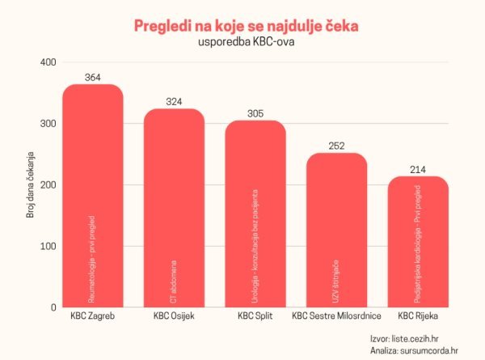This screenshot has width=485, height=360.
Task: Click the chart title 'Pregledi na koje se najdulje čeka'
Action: (x=246, y=26)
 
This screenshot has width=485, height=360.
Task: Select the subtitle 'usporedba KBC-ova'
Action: (x=246, y=43)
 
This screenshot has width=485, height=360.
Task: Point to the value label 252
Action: (x=336, y=146)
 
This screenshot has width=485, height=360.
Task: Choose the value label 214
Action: (x=418, y=170)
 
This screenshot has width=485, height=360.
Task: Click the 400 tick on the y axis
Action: (x=48, y=62)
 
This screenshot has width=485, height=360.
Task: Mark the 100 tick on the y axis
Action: (x=48, y=246)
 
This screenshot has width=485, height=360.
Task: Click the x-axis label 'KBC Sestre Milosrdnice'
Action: (x=336, y=316)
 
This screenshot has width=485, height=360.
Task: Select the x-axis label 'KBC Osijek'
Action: (x=175, y=316)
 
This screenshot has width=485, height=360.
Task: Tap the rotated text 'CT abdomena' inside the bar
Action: (x=175, y=279)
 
